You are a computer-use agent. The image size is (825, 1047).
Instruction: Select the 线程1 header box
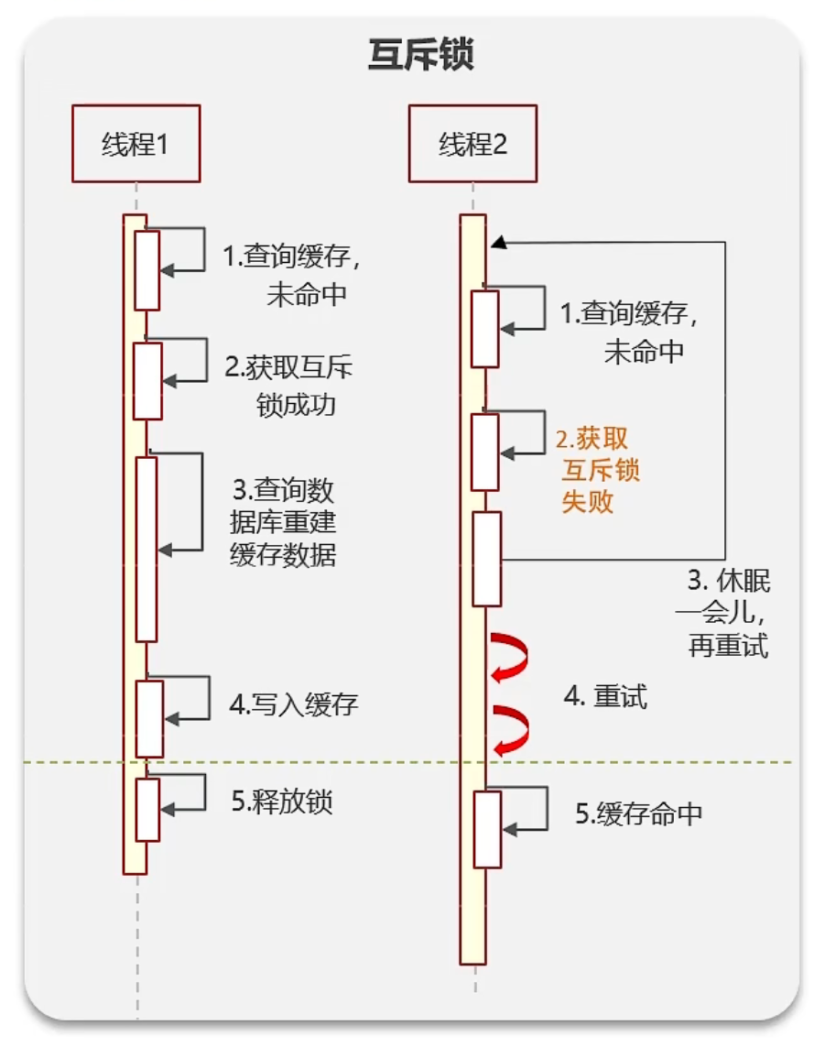[x=136, y=144]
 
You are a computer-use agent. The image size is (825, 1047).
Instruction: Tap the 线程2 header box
[x=472, y=144]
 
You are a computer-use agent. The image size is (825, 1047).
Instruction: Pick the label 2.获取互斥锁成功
[x=289, y=385]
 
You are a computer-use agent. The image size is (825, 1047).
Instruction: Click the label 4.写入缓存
[x=293, y=704]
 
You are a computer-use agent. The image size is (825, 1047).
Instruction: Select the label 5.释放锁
[x=281, y=802]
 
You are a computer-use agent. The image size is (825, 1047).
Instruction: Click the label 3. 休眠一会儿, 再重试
[x=728, y=614]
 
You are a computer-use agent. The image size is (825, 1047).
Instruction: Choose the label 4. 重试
[x=605, y=697]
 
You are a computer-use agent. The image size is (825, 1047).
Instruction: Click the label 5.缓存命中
[x=638, y=813]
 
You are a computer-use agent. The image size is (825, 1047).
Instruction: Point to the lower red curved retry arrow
[x=510, y=729]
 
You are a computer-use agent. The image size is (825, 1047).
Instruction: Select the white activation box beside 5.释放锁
[x=147, y=809]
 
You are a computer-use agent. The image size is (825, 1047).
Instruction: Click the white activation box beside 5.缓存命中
[x=487, y=829]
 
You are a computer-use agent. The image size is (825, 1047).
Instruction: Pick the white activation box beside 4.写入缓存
[x=149, y=718]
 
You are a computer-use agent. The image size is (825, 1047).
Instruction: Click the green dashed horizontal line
[x=641, y=762]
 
